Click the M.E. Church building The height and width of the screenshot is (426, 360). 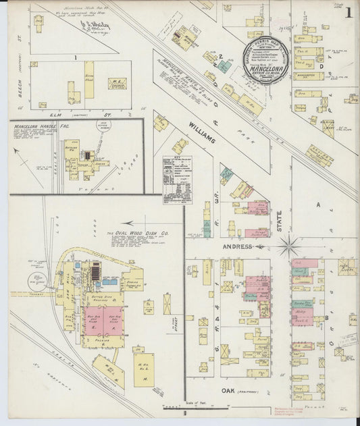[118, 84]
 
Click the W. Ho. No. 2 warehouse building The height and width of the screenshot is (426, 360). [143, 369]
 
